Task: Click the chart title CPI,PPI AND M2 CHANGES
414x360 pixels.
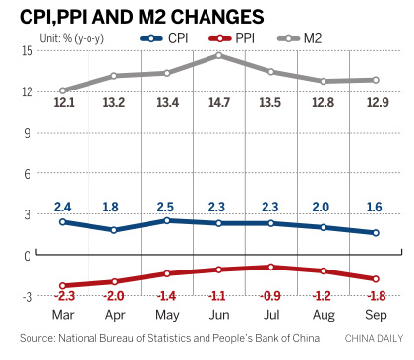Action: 143,17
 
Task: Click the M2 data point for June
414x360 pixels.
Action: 218,55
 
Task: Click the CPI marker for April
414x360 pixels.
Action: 115,230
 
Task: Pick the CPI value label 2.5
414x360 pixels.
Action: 167,207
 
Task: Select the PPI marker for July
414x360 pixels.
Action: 270,267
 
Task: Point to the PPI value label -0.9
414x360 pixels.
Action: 270,294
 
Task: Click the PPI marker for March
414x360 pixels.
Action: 63,285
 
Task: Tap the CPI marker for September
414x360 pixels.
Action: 376,233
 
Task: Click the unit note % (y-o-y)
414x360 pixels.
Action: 73,38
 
